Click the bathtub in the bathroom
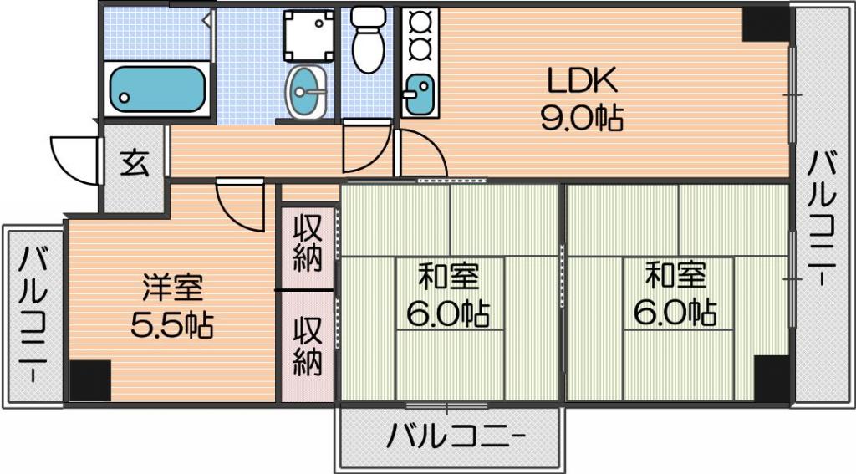(x=156, y=89)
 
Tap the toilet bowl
(x=369, y=40)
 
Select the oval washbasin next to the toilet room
(x=306, y=92)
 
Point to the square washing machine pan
(x=308, y=35)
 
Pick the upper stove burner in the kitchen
(x=420, y=23)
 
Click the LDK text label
(x=583, y=80)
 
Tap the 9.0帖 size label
(x=582, y=117)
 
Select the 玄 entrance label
(x=135, y=162)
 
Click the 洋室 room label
(x=172, y=288)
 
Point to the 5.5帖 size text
(x=172, y=324)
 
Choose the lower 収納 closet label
(x=308, y=346)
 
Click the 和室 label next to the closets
(x=448, y=277)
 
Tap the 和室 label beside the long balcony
(x=675, y=275)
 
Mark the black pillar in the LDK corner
(x=766, y=24)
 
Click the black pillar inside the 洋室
(x=90, y=380)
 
